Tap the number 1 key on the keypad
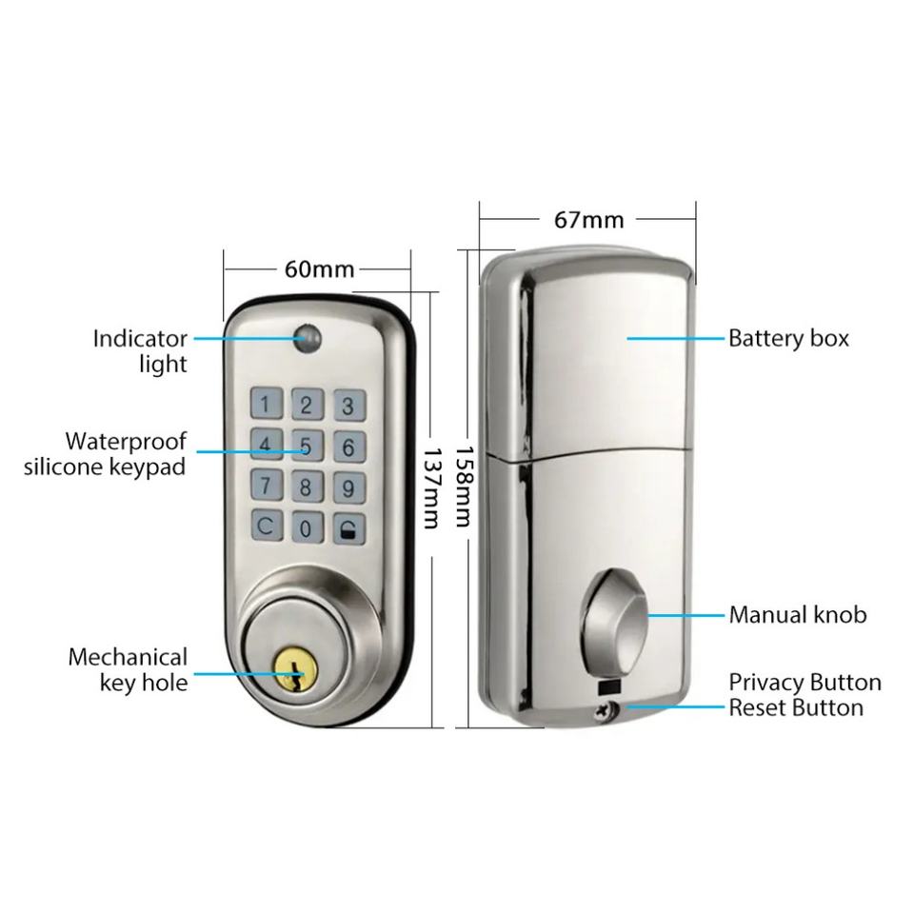point(267,404)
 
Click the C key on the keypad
point(267,526)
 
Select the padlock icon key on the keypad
point(349,529)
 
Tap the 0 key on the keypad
point(307,527)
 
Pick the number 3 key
point(349,406)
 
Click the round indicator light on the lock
point(308,339)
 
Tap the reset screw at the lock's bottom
point(606,709)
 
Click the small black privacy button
point(607,687)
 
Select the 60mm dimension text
point(320,269)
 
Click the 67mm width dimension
point(588,220)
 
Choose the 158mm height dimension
point(464,487)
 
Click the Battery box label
point(788,338)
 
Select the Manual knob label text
point(798,615)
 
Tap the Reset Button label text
point(796,707)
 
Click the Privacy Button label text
point(805,682)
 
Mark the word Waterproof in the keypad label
point(126,442)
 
